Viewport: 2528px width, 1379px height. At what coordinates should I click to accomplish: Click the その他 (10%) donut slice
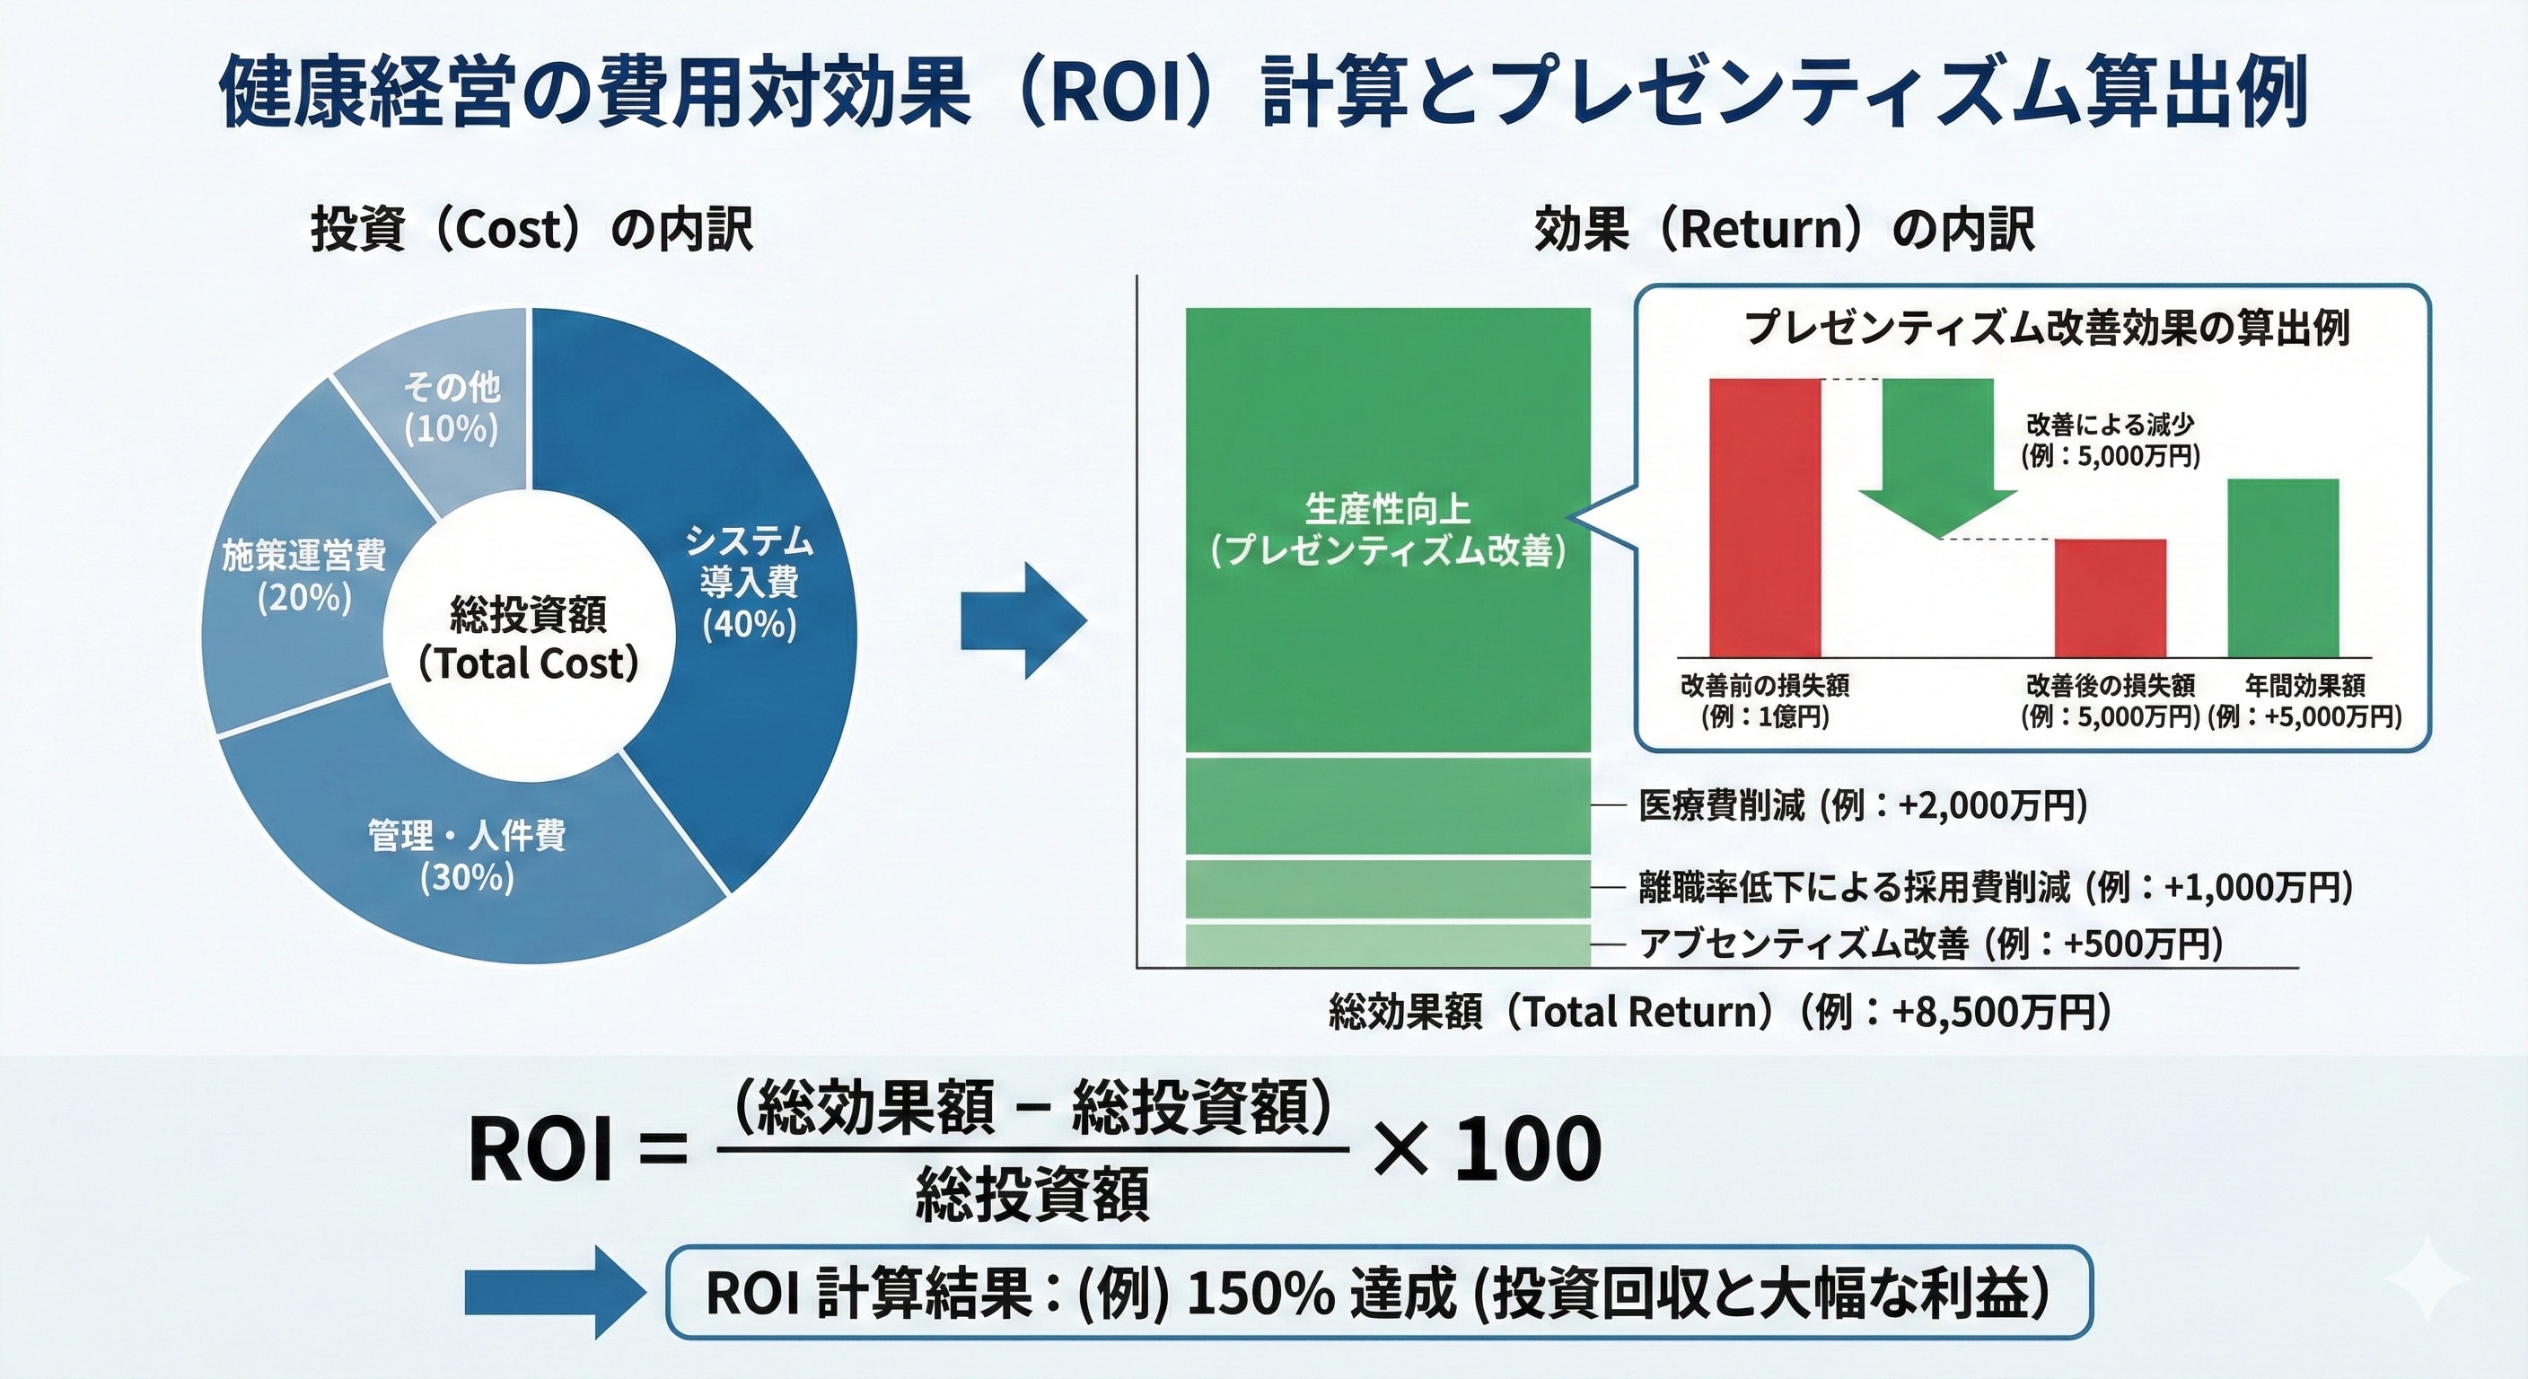(452, 408)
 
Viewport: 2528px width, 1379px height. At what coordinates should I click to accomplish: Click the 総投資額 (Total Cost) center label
(529, 639)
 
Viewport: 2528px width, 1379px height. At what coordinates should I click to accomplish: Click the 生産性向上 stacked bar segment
(1387, 530)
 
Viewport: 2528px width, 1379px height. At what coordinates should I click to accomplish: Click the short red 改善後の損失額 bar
(2110, 598)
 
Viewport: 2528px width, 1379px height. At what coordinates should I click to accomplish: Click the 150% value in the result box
(1260, 1294)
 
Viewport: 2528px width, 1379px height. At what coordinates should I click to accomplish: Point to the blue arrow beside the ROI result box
(555, 1293)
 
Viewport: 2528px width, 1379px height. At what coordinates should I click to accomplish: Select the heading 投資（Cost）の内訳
(531, 230)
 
